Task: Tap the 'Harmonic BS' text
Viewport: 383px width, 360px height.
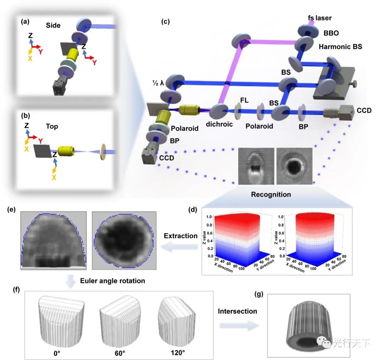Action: [340, 46]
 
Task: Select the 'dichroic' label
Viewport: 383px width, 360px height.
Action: [220, 124]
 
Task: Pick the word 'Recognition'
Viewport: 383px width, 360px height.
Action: [271, 194]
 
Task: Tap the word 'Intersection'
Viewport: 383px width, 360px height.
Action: [237, 311]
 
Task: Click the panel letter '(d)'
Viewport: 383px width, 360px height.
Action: [194, 210]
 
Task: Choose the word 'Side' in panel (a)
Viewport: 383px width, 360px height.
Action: [53, 26]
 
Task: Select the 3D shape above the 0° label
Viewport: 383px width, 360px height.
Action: [61, 320]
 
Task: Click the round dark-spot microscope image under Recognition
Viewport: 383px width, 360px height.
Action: [294, 166]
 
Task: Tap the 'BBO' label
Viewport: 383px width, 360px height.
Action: [331, 33]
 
